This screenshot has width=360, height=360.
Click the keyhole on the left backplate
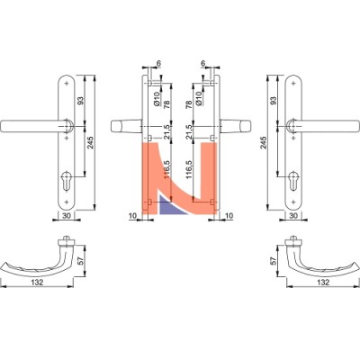click(66, 180)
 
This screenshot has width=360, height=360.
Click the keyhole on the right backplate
click(293, 180)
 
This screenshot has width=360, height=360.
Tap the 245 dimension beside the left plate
click(90, 143)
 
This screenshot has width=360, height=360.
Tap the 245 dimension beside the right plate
click(263, 143)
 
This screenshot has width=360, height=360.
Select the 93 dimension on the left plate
click(81, 101)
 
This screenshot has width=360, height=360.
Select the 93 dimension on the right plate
click(273, 101)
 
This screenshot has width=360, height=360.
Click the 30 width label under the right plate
click(293, 215)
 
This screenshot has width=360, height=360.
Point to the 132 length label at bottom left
click(37, 282)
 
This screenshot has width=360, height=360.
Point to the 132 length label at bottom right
click(323, 282)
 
